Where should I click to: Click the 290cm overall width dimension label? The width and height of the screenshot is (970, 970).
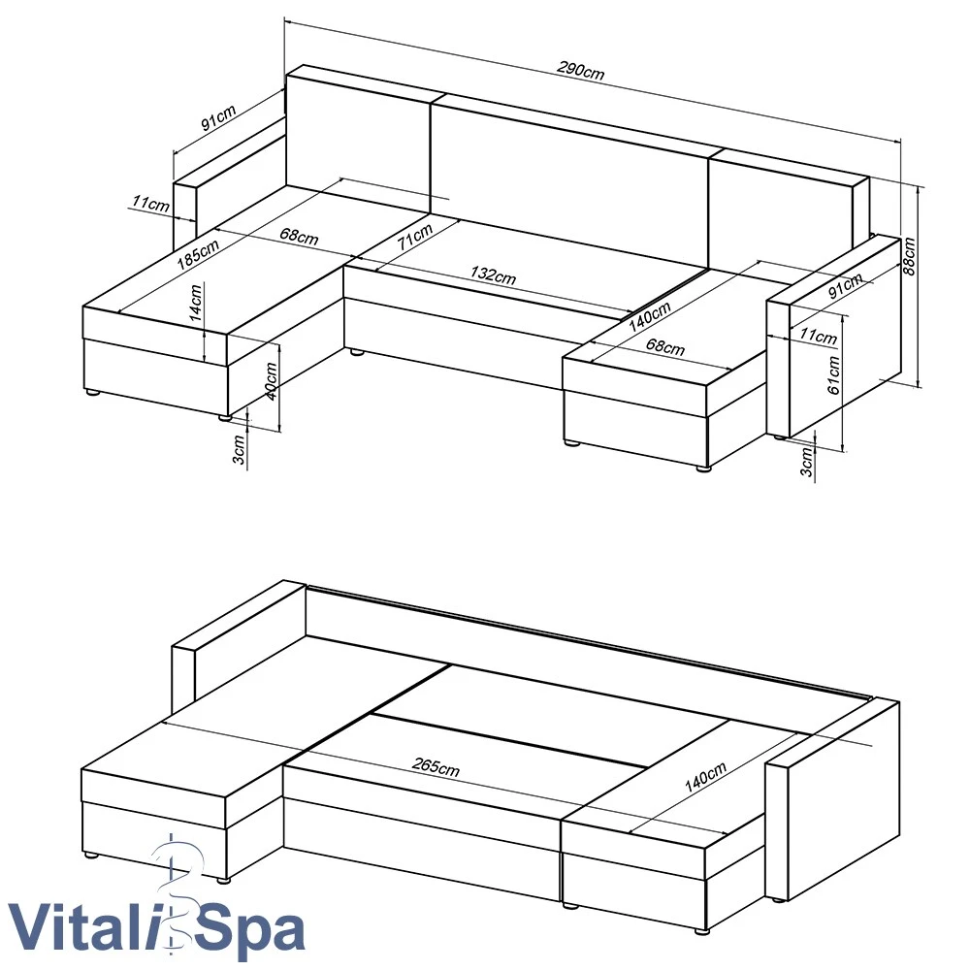580,70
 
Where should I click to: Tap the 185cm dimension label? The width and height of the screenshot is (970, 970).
198,253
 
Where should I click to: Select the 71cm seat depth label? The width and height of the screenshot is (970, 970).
415,237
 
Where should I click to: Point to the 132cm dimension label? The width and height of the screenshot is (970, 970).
493,275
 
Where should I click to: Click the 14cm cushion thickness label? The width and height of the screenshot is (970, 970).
196,302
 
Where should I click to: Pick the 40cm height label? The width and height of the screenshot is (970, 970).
271,381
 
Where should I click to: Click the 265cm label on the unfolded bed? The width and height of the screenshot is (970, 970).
436,766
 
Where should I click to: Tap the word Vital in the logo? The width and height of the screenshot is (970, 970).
80,927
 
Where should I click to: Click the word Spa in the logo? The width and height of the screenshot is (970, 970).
253,930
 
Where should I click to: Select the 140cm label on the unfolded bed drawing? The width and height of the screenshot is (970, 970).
705,778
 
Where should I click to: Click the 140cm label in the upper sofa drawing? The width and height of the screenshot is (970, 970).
650,317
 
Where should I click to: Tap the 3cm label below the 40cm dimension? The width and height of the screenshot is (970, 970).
239,450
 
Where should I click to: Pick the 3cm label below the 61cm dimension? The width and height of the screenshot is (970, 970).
806,462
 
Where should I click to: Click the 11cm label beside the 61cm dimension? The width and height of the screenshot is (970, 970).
818,336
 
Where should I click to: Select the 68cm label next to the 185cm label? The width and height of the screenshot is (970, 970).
300,237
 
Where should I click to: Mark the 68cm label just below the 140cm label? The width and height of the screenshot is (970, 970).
665,346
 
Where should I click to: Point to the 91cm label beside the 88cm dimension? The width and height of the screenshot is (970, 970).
845,286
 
